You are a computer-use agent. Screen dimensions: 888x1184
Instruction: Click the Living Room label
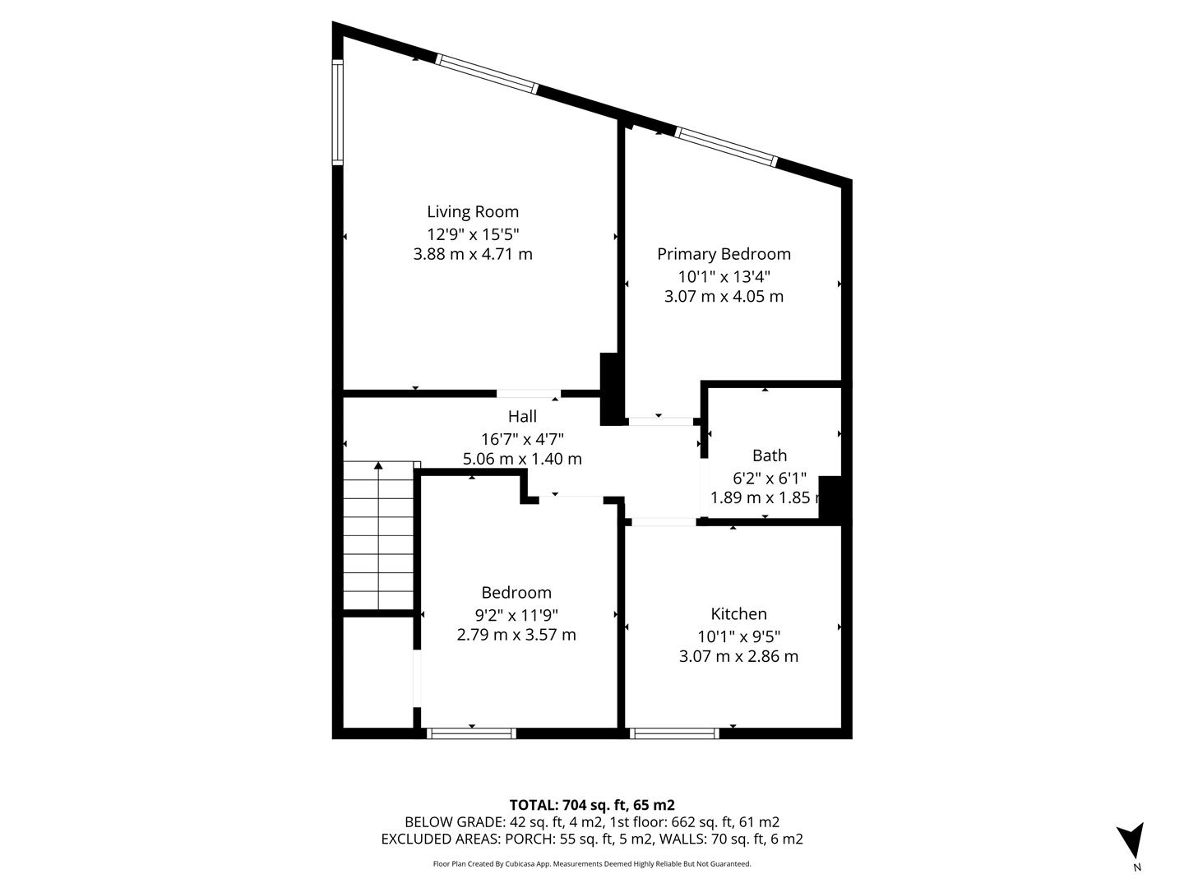(x=473, y=212)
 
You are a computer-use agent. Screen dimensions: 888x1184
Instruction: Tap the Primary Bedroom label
(x=724, y=255)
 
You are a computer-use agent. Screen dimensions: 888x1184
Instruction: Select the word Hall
(x=522, y=417)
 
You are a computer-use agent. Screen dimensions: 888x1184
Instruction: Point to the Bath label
(x=770, y=456)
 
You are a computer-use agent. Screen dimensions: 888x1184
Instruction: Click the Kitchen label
(x=738, y=614)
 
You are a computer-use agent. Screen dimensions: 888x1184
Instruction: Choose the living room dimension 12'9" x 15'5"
(x=473, y=234)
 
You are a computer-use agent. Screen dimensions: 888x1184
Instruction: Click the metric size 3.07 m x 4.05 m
(x=724, y=297)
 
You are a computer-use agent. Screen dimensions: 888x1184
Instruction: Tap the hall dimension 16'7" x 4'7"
(x=522, y=438)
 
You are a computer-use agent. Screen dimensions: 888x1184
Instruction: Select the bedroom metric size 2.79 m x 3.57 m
(x=516, y=635)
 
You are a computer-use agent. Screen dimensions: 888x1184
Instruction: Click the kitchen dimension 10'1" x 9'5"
(x=738, y=636)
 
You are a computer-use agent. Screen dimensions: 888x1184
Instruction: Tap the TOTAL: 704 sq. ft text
(x=592, y=805)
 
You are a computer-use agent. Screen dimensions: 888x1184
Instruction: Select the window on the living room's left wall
(x=337, y=112)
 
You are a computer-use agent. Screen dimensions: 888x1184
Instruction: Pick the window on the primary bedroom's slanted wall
(x=726, y=147)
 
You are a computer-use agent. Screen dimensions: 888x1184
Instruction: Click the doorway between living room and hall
(x=529, y=394)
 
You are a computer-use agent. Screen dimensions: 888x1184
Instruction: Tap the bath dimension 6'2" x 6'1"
(x=770, y=478)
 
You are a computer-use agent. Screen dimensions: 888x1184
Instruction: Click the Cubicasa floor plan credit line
(x=592, y=864)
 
